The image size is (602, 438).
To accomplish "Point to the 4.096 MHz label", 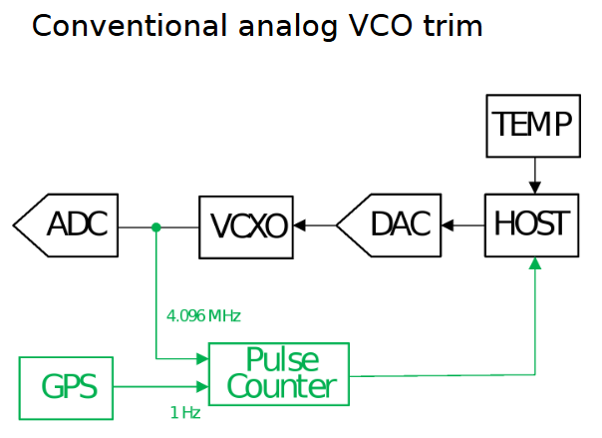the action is coord(203,316).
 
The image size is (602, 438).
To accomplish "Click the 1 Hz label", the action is coord(185,413).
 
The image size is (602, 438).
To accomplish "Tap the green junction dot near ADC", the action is coord(155,227).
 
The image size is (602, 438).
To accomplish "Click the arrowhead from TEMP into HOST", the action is coord(535,188).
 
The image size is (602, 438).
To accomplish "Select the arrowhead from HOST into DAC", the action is coord(448,225).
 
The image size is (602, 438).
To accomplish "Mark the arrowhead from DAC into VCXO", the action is coord(299,225).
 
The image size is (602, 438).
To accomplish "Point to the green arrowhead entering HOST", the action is coord(535,263).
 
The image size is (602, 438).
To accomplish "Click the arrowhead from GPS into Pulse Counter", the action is coord(202,386).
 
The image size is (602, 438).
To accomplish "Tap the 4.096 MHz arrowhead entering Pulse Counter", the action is coord(202,359).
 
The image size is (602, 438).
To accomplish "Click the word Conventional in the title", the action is coord(130,26).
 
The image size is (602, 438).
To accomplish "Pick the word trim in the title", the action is coord(453,26).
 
